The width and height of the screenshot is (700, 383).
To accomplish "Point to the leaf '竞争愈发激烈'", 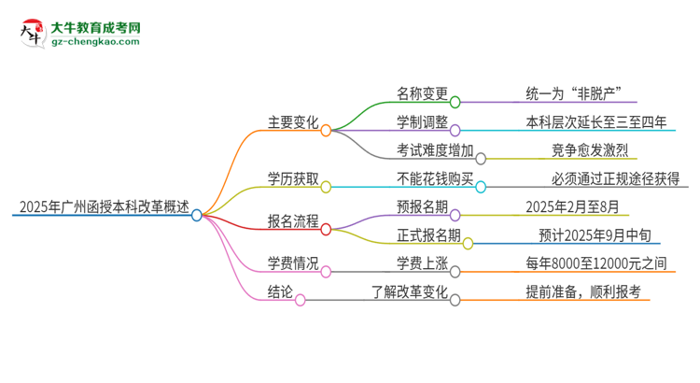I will coord(592,150).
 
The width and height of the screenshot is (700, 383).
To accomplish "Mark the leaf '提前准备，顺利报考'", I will coord(582,292).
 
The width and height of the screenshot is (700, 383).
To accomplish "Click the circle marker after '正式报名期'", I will coord(469,243).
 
